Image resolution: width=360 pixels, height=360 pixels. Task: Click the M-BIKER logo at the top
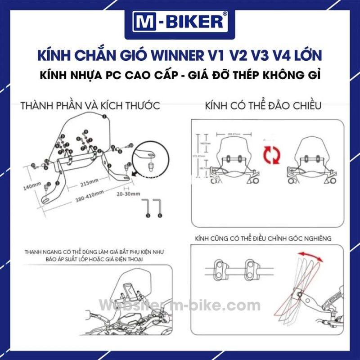(180, 22)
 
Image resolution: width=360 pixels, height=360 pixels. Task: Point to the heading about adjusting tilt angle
(263, 238)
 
